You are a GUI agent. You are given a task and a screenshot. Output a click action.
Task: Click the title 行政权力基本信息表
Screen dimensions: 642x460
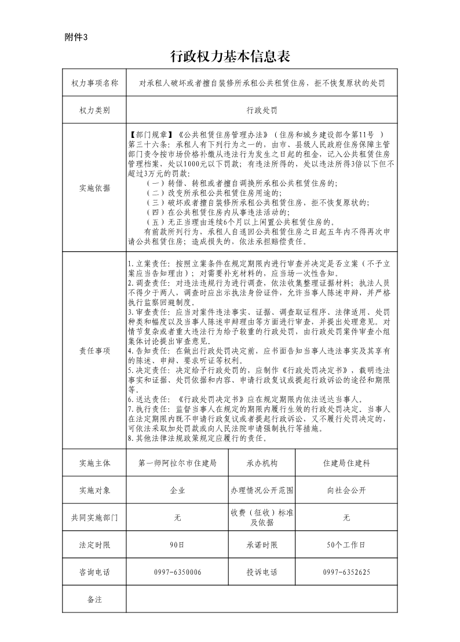click(229, 56)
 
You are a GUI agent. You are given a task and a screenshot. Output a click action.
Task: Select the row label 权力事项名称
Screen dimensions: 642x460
click(94, 83)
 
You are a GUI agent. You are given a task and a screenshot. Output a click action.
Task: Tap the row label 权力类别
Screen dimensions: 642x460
click(94, 109)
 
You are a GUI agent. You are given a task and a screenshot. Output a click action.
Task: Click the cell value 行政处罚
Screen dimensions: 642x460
click(262, 109)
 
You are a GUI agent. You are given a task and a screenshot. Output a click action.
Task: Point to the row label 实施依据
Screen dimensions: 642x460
click(94, 188)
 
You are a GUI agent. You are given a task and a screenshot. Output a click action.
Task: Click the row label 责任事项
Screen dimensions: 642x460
click(94, 351)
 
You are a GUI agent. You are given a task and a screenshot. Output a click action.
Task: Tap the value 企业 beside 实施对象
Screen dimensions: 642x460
click(178, 490)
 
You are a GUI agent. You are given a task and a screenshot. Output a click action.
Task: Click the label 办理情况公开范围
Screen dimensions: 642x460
click(262, 490)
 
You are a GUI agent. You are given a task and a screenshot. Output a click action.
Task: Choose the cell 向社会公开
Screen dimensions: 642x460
click(346, 490)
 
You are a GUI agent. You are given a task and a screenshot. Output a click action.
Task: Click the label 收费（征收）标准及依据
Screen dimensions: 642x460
click(262, 517)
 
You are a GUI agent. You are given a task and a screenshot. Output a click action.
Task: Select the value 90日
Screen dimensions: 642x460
click(178, 545)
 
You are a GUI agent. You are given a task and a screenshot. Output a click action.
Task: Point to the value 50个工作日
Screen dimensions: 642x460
click(346, 545)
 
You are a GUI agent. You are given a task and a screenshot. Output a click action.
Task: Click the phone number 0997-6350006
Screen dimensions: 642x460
click(178, 572)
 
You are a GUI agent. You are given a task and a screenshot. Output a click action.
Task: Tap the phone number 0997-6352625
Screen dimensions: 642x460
click(346, 572)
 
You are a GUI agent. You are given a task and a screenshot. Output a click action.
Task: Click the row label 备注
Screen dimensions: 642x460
click(94, 599)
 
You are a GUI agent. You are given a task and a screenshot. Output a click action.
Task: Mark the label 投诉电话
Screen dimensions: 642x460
click(262, 572)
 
